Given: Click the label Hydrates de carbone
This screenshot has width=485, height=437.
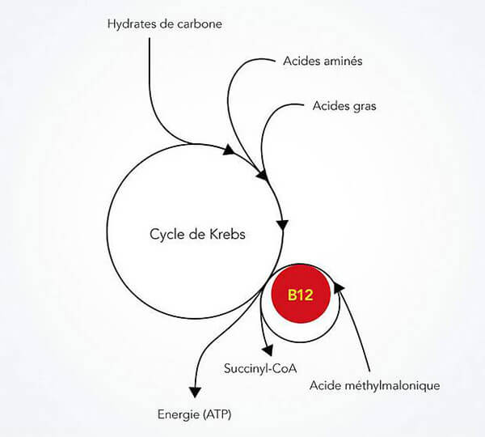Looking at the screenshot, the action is pyautogui.click(x=165, y=24).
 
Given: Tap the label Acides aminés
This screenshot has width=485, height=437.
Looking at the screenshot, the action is pyautogui.click(x=323, y=61).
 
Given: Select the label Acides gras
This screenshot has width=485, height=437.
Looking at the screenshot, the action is pyautogui.click(x=344, y=106).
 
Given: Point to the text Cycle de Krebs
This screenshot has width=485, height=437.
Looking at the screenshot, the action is pyautogui.click(x=197, y=234).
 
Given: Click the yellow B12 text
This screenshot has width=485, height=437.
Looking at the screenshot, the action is pyautogui.click(x=301, y=295).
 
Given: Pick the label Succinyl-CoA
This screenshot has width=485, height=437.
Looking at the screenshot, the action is pyautogui.click(x=260, y=368).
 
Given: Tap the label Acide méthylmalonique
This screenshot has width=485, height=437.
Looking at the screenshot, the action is pyautogui.click(x=374, y=385).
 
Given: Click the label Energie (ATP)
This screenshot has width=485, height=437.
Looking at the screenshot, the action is pyautogui.click(x=194, y=414).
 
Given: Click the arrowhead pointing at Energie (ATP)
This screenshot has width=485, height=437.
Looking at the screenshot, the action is pyautogui.click(x=195, y=392).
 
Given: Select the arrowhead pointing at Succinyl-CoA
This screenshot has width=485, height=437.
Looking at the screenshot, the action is pyautogui.click(x=268, y=350).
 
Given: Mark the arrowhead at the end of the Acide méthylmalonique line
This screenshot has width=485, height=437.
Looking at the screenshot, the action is pyautogui.click(x=339, y=287).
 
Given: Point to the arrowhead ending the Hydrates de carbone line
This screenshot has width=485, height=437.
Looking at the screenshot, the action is pyautogui.click(x=230, y=150).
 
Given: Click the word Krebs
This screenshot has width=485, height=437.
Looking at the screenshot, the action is pyautogui.click(x=227, y=234).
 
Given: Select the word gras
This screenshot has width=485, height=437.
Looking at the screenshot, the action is pyautogui.click(x=365, y=107).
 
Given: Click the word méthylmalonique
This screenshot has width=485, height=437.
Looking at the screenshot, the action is pyautogui.click(x=392, y=385).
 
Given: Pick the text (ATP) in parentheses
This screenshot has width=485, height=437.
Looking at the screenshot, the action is pyautogui.click(x=217, y=414).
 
